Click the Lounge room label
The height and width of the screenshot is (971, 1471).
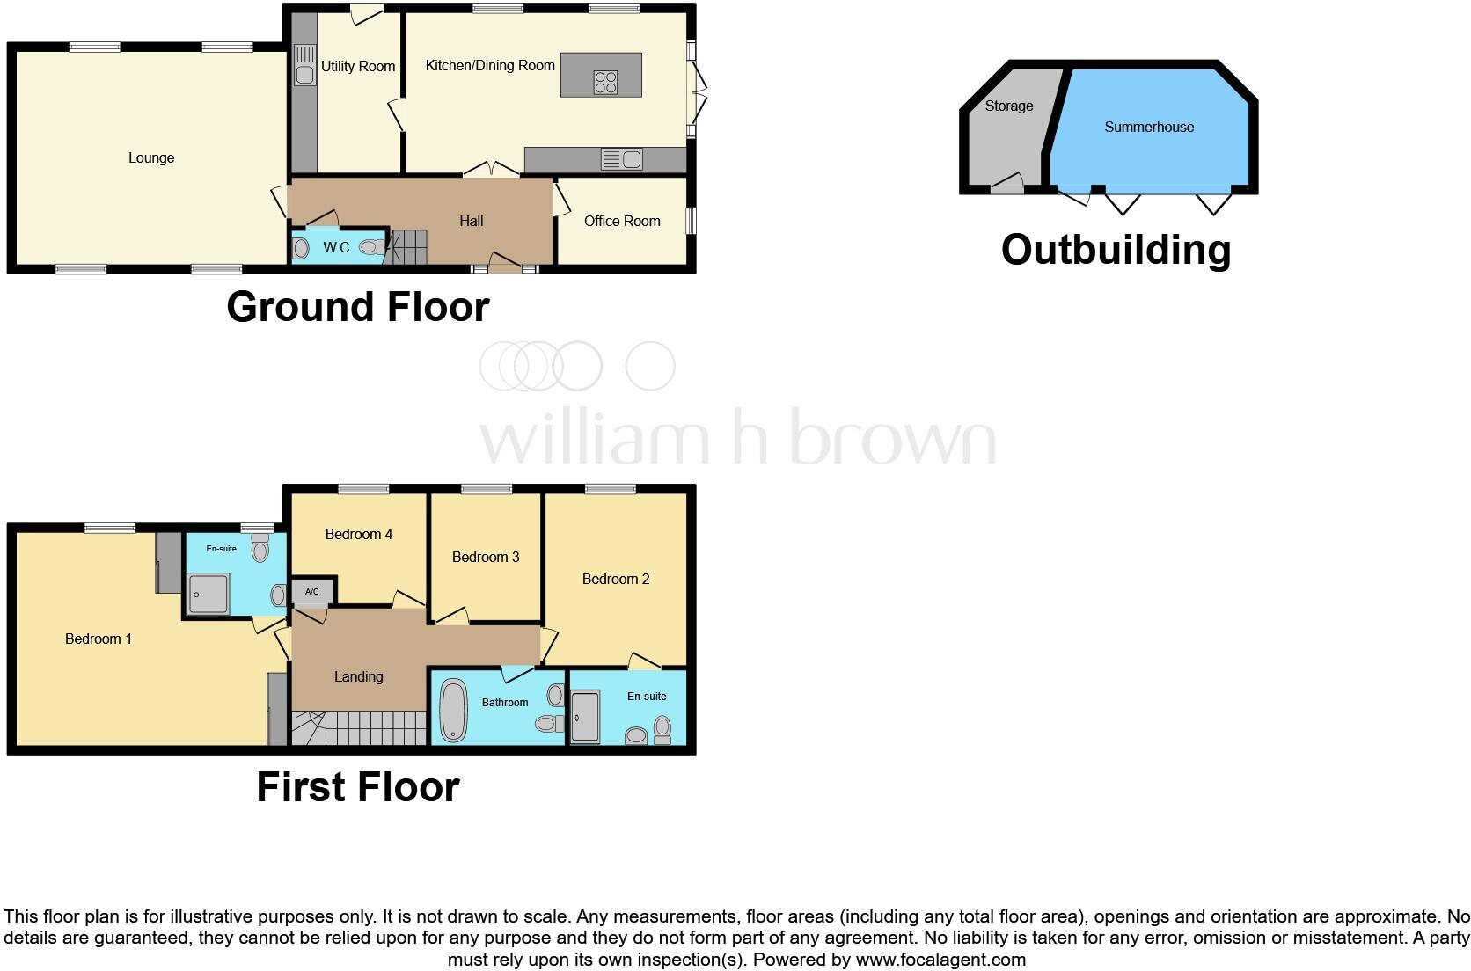(151, 158)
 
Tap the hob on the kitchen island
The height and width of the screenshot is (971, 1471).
(605, 82)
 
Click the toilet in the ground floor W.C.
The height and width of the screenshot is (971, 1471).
(370, 248)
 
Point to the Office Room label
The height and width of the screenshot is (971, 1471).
(622, 222)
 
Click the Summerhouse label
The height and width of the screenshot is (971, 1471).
(1149, 128)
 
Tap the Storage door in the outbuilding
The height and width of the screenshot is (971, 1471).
(1006, 184)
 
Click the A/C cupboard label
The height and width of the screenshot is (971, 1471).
(311, 592)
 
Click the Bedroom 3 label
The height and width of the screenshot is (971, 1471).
(486, 557)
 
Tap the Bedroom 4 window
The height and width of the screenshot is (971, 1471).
(363, 489)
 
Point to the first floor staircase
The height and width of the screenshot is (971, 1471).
(359, 728)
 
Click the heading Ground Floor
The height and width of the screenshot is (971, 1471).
(358, 307)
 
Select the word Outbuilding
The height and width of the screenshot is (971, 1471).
(1116, 250)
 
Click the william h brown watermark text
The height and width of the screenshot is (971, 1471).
(737, 437)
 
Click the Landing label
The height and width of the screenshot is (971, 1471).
(358, 677)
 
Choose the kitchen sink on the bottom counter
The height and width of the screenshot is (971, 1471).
(621, 160)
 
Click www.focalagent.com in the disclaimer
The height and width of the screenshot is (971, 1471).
(940, 960)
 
